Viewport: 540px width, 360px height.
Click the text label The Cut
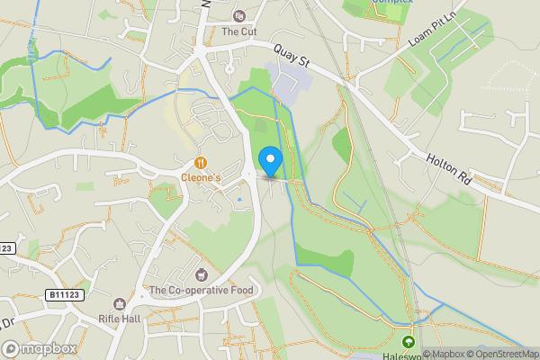coord(238,31)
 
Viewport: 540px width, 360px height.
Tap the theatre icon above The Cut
coord(238,15)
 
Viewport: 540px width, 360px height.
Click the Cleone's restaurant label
coord(201,178)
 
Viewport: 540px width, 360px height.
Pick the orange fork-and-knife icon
coord(200,163)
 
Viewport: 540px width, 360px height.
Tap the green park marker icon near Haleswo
coord(408,342)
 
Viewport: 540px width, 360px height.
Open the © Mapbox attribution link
coord(445,354)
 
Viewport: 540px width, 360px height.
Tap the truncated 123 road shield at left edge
coord(6,247)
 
